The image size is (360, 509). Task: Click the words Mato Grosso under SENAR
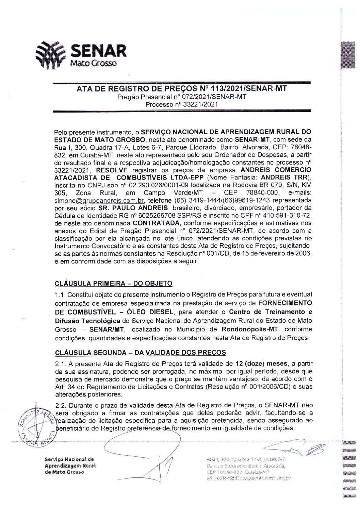point(93,63)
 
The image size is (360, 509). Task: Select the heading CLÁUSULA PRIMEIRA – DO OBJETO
point(114,283)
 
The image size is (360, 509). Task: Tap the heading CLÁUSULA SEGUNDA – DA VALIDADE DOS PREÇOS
point(141,352)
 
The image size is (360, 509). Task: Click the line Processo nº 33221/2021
point(182,104)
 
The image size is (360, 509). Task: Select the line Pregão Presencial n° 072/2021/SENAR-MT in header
point(182,97)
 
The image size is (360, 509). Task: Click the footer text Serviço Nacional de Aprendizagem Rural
point(70,462)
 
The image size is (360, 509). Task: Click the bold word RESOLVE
point(112,170)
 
